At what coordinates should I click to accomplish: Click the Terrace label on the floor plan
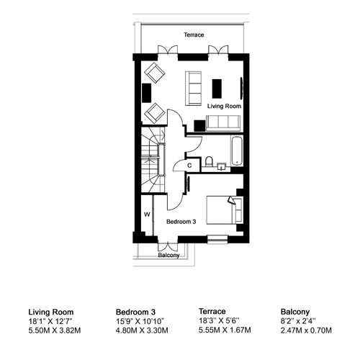coord(194,35)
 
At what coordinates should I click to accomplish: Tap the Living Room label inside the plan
coord(224,106)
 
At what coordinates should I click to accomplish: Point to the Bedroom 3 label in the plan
coord(181,222)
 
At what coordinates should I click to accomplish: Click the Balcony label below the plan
coord(168,255)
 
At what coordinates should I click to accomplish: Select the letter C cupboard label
coord(189,166)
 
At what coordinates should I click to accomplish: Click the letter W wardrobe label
coord(147,215)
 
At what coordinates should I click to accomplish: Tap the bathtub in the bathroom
coord(237,150)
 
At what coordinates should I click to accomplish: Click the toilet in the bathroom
coord(209,161)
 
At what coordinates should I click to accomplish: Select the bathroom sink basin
coord(221,166)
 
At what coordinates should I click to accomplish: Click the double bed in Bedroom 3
coord(225,210)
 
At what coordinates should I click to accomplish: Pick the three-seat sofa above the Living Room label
coord(193,88)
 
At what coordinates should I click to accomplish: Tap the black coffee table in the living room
coord(217,89)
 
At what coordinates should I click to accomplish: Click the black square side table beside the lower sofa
coord(199,126)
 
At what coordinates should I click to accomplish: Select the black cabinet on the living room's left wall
coord(147,93)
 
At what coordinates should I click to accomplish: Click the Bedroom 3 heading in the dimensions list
coord(135,312)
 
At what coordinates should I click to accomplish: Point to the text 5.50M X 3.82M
coord(55,330)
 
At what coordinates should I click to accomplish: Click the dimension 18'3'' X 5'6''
coord(219,320)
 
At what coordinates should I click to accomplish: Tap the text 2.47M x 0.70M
coord(306,330)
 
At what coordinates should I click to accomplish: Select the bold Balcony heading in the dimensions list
coord(295,312)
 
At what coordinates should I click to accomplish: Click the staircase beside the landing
coord(153,160)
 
